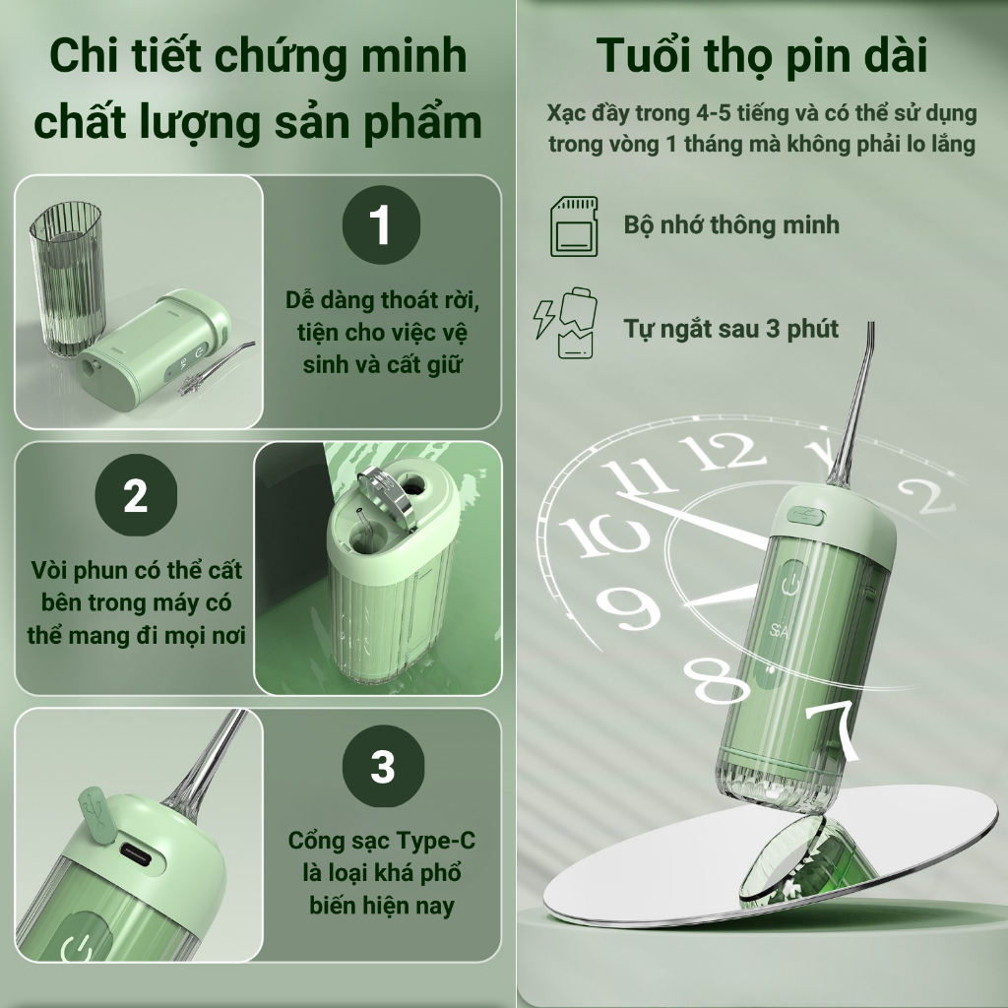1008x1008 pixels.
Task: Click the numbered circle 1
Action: coord(381,225)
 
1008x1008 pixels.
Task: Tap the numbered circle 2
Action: coord(136,495)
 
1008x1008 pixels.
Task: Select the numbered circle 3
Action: coord(383,766)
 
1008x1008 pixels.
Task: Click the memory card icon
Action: coord(574,226)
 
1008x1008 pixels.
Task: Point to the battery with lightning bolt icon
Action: coord(566,323)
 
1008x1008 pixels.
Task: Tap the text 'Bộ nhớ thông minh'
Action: coord(731,225)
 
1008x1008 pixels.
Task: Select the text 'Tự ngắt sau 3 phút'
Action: coord(731,329)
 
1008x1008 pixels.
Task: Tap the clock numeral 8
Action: coord(716,680)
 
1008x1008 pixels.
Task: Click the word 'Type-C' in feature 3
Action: coord(435,841)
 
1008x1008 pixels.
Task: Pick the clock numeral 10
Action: coord(603,535)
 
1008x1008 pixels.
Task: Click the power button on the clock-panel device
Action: coord(791,584)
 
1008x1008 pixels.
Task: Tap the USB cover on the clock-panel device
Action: coord(806,515)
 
